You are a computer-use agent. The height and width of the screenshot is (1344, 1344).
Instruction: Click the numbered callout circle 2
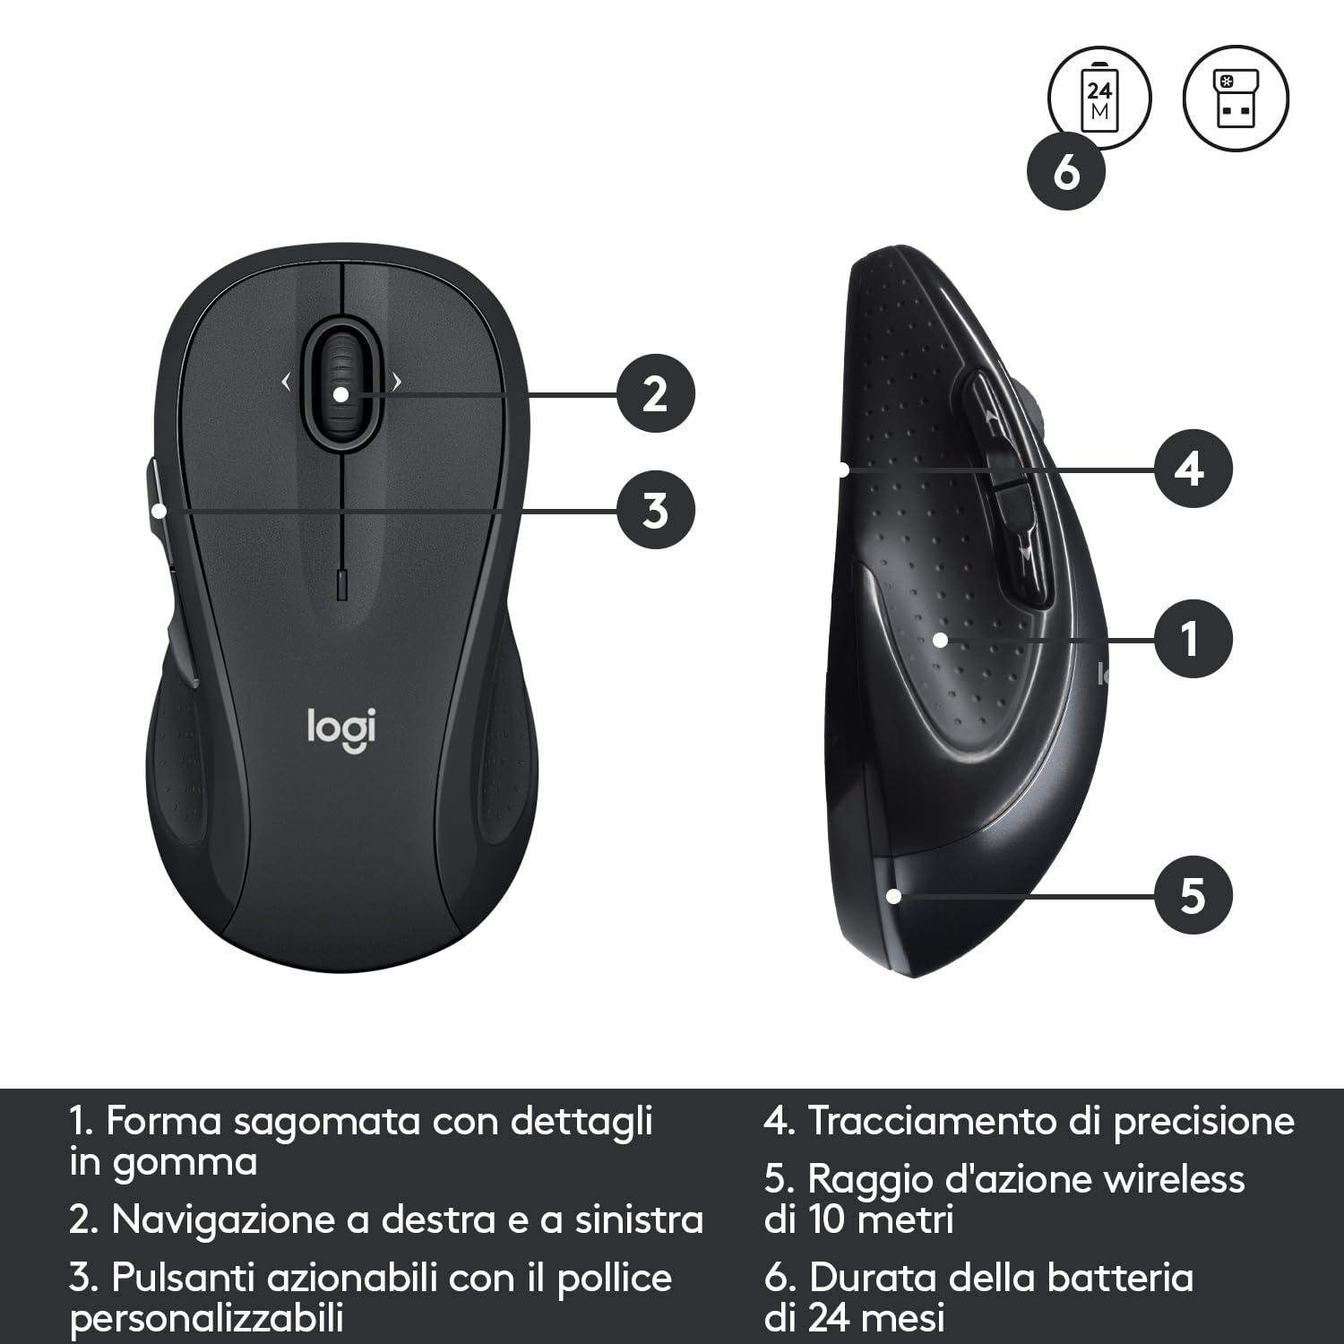pyautogui.click(x=656, y=393)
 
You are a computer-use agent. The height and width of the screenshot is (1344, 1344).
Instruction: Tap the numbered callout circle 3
pyautogui.click(x=656, y=510)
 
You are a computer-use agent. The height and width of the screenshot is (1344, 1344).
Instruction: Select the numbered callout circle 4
pyautogui.click(x=1191, y=469)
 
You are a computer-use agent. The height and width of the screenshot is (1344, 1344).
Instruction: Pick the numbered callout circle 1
pyautogui.click(x=1191, y=640)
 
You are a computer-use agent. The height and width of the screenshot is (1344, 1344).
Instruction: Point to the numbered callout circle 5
pyautogui.click(x=1191, y=894)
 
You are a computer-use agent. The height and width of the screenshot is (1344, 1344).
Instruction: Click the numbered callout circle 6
pyautogui.click(x=1066, y=171)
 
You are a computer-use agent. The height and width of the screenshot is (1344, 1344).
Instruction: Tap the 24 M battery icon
pyautogui.click(x=1099, y=99)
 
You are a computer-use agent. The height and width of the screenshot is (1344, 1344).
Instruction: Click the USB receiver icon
pyautogui.click(x=1236, y=99)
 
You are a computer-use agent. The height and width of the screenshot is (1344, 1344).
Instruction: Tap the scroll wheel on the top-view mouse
pyautogui.click(x=341, y=385)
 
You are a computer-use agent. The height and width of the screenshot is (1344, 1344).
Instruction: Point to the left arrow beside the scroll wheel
pyautogui.click(x=287, y=383)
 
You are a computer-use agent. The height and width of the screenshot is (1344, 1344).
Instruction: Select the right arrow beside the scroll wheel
pyautogui.click(x=396, y=383)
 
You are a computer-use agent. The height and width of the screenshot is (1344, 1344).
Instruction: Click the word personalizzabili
pyautogui.click(x=207, y=1319)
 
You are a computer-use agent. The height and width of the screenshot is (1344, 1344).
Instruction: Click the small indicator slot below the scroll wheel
pyautogui.click(x=341, y=583)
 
